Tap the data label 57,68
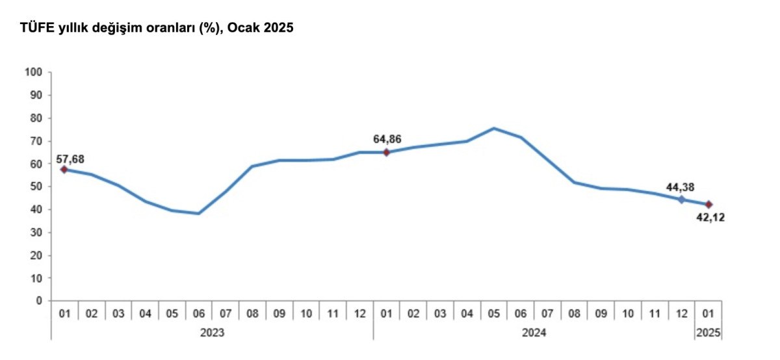70,159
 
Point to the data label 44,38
681,187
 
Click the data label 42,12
710,218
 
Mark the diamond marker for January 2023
64,170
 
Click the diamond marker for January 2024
387,153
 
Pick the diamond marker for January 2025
709,205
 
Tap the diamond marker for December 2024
682,199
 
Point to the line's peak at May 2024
494,128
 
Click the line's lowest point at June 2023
198,214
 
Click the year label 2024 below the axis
534,333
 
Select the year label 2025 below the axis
708,333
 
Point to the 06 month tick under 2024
521,313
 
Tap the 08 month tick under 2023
252,313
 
